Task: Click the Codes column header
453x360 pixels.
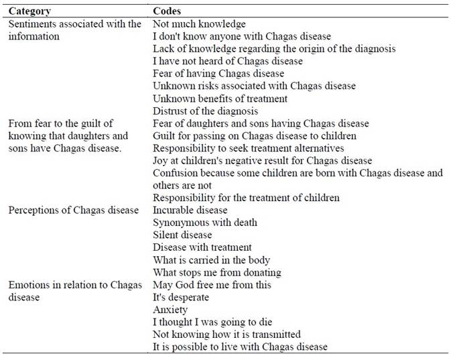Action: tap(167, 11)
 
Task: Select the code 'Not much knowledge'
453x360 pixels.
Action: tap(199, 24)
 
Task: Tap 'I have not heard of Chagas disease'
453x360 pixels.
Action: tap(228, 61)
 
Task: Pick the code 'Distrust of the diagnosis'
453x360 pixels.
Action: tap(205, 111)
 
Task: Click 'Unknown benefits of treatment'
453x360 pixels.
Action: tap(220, 99)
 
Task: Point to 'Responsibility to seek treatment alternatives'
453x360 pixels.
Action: tap(248, 148)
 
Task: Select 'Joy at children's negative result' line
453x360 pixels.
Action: tap(262, 161)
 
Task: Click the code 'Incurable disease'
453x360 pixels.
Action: tap(190, 210)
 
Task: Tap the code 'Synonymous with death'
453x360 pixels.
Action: tap(204, 223)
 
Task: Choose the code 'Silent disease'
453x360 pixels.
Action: tap(182, 235)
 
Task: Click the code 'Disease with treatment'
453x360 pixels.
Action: tap(202, 247)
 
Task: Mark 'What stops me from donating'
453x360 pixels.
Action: tap(216, 272)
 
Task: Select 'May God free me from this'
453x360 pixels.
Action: tap(212, 285)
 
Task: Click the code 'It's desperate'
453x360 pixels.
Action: tap(181, 297)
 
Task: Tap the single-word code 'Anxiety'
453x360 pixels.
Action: tap(170, 310)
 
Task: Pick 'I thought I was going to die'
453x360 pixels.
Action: tap(212, 322)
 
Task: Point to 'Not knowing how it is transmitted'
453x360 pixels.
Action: tap(226, 334)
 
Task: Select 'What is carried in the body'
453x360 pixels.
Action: tap(211, 260)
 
